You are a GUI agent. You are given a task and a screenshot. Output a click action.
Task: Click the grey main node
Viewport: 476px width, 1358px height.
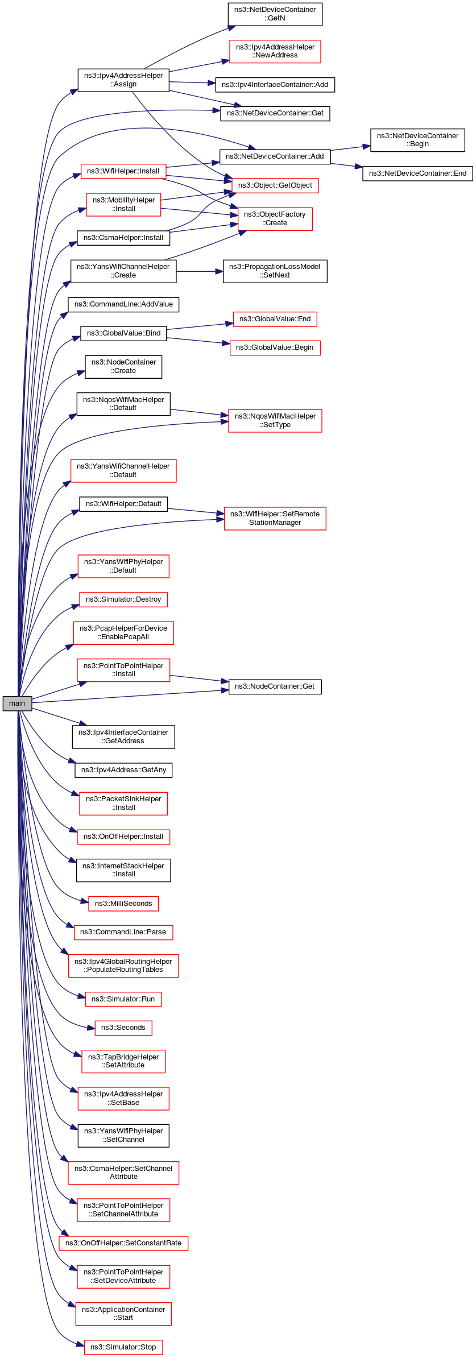(x=17, y=703)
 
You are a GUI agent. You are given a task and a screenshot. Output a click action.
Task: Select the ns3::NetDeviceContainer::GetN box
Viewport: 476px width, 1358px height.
(x=275, y=14)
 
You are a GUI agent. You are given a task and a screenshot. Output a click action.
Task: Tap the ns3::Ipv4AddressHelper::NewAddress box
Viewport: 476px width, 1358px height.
(x=275, y=51)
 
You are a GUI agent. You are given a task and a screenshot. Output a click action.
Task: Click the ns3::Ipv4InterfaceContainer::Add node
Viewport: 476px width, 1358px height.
(x=275, y=85)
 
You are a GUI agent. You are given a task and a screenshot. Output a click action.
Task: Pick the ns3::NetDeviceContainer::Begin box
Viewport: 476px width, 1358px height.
(x=417, y=140)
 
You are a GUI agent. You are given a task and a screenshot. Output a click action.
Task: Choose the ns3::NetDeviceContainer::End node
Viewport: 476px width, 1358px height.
(x=417, y=173)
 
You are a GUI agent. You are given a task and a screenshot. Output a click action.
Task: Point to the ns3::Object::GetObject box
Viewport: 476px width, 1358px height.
(x=275, y=185)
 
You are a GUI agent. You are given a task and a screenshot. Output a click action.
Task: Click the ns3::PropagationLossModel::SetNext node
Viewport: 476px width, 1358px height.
(x=275, y=271)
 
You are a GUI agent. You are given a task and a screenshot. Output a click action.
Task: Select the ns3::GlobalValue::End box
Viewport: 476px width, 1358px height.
(x=275, y=319)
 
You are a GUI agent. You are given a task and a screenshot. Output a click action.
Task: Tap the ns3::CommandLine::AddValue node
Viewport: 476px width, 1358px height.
(x=123, y=304)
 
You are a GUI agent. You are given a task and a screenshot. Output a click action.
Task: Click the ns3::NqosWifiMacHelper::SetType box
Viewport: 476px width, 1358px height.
(x=275, y=421)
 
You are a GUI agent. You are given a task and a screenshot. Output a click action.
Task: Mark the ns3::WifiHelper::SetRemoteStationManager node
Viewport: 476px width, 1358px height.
(x=275, y=519)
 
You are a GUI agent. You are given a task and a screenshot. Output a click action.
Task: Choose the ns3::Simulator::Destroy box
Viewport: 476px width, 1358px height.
(x=123, y=599)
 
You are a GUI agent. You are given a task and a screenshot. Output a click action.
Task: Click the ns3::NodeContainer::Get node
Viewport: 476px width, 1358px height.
(x=275, y=686)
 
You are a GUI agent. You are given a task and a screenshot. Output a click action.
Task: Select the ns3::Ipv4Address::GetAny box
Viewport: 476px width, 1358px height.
(x=123, y=770)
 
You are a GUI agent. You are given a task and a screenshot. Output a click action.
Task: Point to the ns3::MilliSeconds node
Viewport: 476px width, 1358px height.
(x=123, y=904)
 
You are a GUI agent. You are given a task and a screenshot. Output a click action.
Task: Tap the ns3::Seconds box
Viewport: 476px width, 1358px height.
(x=123, y=1028)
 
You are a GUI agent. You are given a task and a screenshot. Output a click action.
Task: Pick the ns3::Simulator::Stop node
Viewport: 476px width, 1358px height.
(x=123, y=1347)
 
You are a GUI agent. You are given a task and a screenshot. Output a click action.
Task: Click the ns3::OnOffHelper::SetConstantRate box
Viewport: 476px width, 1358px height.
(x=123, y=1243)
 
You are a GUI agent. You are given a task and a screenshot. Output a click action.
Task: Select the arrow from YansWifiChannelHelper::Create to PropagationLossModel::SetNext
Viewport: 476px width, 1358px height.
(x=200, y=272)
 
